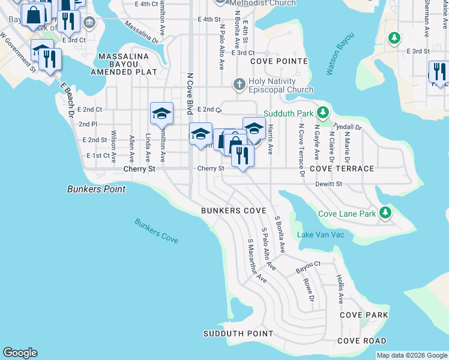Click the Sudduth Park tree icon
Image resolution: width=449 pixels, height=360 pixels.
323,113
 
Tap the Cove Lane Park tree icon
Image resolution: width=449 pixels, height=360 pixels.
385,213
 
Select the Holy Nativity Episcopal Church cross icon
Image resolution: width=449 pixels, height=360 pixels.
239,84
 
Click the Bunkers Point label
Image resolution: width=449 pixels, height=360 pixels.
96,189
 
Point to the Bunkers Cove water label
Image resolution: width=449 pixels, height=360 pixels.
156,230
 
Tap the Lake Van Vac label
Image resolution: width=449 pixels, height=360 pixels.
321,234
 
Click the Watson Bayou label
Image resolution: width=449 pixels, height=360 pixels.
340,53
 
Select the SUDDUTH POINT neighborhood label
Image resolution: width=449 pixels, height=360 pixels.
238,334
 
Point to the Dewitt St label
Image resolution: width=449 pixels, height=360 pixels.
328,184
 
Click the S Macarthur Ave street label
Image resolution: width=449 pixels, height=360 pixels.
257,260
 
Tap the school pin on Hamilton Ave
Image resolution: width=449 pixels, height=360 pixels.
161,114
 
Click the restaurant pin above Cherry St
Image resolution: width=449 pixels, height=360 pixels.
243,156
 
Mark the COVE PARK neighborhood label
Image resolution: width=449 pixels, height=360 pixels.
364,315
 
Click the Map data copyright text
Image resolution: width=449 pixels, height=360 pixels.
412,355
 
